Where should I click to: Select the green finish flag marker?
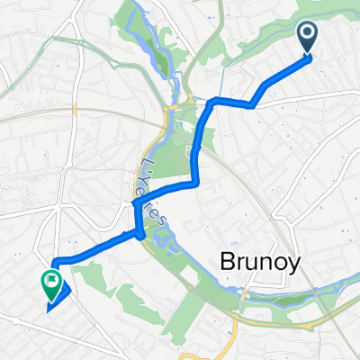coord(49,284)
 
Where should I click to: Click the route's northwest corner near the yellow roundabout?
coord(210,102)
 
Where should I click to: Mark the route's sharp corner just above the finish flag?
coord(55,264)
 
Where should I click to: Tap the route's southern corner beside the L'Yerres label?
coord(141,236)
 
